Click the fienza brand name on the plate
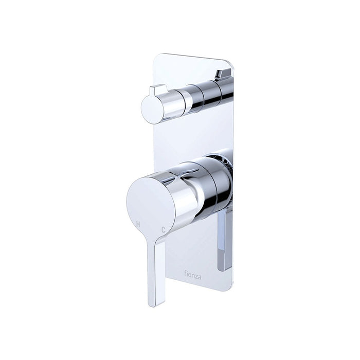(193, 275)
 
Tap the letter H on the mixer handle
(138, 224)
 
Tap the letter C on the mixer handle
(163, 230)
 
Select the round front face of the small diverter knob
(152, 110)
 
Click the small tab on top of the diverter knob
(158, 90)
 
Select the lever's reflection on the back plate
(225, 241)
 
